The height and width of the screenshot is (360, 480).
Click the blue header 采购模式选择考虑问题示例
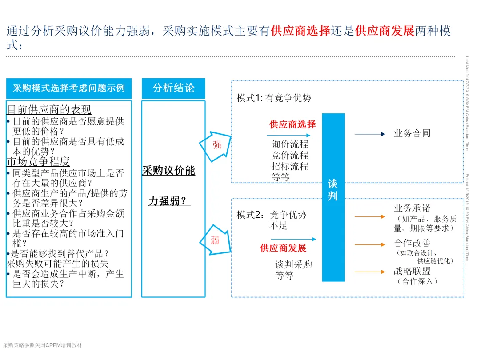click(69, 88)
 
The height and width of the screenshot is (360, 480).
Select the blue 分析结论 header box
click(173, 88)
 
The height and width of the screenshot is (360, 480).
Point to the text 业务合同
click(412, 133)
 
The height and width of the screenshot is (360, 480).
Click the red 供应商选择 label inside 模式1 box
click(292, 124)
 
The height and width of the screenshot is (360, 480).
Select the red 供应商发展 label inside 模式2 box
click(283, 248)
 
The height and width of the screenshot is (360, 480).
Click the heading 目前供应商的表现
click(49, 109)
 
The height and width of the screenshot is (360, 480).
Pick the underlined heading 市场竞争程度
click(38, 161)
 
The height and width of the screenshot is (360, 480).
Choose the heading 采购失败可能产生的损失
click(58, 264)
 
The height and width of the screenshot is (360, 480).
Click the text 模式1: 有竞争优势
click(274, 98)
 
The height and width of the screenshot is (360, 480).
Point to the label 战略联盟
click(412, 271)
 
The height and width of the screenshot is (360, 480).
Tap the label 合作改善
click(412, 243)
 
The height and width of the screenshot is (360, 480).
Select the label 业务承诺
click(412, 208)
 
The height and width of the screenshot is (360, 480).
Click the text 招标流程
click(290, 167)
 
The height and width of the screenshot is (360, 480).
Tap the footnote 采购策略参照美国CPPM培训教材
click(42, 345)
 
